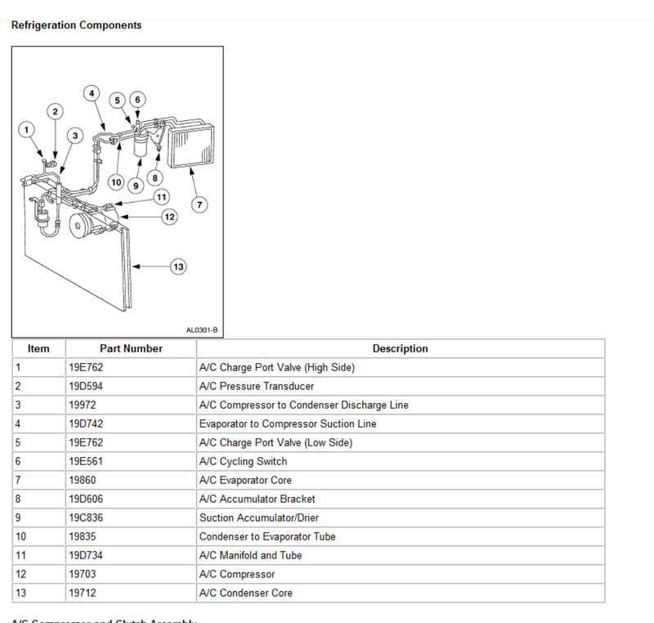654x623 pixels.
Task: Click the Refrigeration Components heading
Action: (x=76, y=25)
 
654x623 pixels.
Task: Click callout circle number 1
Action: (x=27, y=129)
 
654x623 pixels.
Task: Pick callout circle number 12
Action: (x=169, y=217)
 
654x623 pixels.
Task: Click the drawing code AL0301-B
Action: (x=202, y=330)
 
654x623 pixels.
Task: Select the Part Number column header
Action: (x=131, y=348)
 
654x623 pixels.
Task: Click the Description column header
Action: (x=400, y=348)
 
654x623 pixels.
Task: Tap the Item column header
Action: (x=38, y=348)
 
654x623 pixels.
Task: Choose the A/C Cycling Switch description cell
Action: (x=243, y=461)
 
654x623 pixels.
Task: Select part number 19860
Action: (x=83, y=480)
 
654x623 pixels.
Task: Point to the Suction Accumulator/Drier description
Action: (x=259, y=518)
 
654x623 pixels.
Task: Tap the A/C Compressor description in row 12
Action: (x=237, y=574)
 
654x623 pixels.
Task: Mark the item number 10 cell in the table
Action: (x=20, y=536)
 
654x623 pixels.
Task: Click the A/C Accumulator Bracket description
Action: (x=257, y=499)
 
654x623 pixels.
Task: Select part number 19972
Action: (x=83, y=405)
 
